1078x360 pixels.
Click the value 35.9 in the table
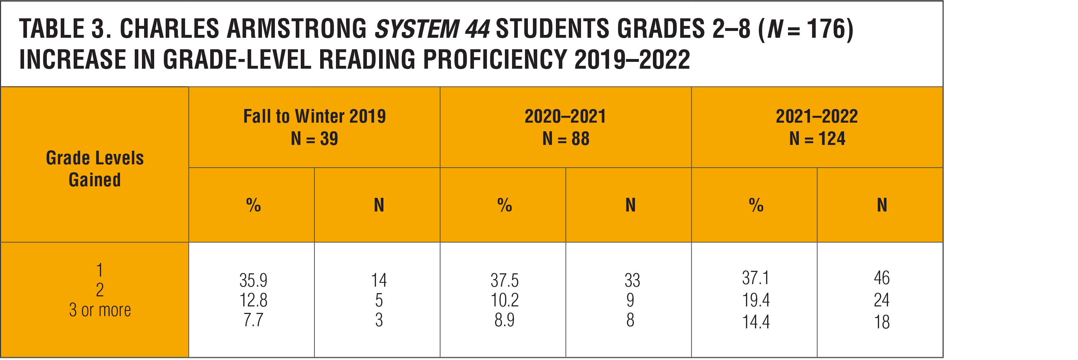click(253, 280)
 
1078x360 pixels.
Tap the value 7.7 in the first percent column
click(253, 320)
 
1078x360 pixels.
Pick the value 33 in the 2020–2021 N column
click(632, 280)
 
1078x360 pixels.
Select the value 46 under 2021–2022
click(882, 278)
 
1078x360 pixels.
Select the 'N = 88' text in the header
click(566, 138)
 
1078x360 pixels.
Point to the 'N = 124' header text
click(817, 138)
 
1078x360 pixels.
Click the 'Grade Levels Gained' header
click(95, 169)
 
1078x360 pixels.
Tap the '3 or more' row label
click(100, 310)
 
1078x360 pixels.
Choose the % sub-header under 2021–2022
click(756, 205)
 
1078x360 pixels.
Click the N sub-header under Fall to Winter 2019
click(379, 205)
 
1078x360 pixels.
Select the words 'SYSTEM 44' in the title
click(432, 29)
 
